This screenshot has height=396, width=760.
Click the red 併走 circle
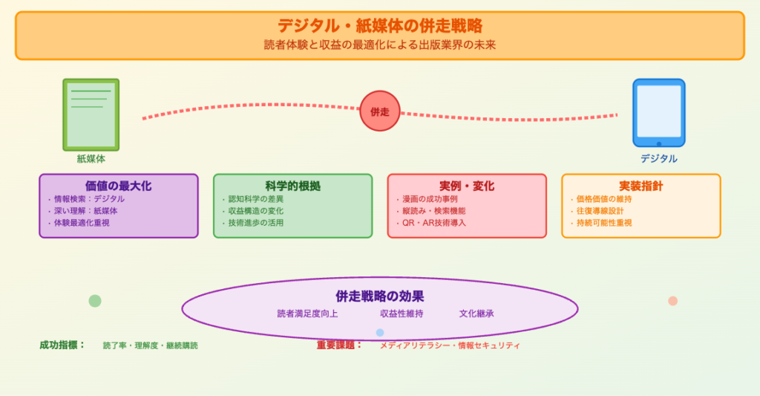(380, 111)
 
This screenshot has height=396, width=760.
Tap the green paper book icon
(91, 114)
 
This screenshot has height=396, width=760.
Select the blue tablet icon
(658, 112)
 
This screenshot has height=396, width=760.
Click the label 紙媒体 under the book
(91, 158)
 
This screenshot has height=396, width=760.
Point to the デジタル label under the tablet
(658, 158)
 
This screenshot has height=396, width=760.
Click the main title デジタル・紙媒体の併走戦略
(380, 26)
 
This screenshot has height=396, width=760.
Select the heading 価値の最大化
(119, 186)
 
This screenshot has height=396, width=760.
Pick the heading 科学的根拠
(292, 186)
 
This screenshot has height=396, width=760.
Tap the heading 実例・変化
(467, 186)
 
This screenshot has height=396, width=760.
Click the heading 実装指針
(641, 186)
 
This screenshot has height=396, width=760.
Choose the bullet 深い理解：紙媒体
(85, 211)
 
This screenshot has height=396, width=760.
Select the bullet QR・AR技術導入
(433, 223)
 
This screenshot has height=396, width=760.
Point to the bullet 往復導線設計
(600, 211)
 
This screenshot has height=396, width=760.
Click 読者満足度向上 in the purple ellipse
(307, 314)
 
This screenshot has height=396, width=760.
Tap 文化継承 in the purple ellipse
(476, 314)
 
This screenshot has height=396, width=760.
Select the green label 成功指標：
(62, 345)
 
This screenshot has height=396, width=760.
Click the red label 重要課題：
(339, 345)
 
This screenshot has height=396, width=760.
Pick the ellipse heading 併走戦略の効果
(380, 296)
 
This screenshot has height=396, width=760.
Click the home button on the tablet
(658, 143)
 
